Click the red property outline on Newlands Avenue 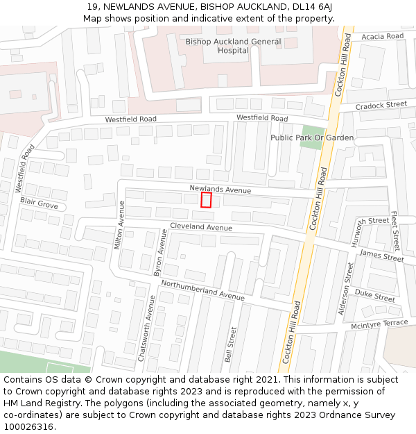(206, 200)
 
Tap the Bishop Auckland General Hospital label (233, 46)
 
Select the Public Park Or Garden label (312, 137)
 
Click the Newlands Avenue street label (220, 190)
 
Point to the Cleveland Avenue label (201, 227)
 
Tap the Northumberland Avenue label (202, 290)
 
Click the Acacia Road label (382, 36)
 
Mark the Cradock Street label (381, 106)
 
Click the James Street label (381, 256)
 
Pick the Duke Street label (374, 295)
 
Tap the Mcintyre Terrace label (379, 324)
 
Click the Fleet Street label (395, 231)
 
